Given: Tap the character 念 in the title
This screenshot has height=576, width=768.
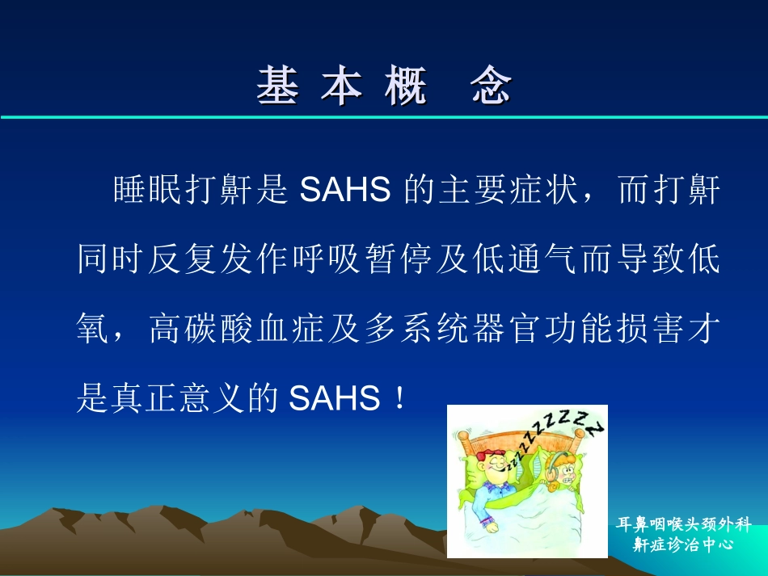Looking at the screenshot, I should [x=492, y=86].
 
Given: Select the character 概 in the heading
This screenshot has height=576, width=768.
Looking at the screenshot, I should [x=405, y=86].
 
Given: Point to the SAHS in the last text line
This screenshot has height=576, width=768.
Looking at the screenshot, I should [x=335, y=398].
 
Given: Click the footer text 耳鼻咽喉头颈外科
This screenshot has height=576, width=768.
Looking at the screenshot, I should [x=683, y=524].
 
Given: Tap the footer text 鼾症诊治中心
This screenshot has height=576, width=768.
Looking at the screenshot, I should [x=683, y=544].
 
